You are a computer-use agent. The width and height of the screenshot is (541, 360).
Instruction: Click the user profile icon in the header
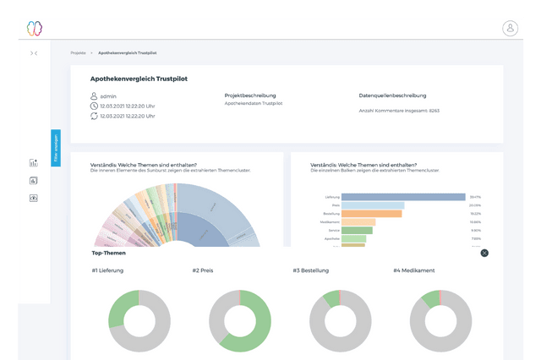pos(510,28)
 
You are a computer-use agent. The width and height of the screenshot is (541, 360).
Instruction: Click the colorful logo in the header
pos(34,28)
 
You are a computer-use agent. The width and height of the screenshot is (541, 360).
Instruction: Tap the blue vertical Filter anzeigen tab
pos(56,149)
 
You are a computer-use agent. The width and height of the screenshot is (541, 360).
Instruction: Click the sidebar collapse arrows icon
pos(34,53)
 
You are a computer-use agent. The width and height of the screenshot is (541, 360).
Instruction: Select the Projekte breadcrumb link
pos(78,52)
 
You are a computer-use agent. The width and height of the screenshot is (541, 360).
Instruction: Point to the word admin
pos(107,95)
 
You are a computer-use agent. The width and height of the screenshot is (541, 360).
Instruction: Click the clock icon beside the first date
pos(93,106)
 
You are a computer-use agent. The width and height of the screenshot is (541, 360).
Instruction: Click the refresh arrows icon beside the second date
pos(93,116)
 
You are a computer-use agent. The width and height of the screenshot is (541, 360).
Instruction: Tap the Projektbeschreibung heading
pos(250,95)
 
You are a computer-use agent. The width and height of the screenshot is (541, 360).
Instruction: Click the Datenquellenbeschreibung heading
pos(392,95)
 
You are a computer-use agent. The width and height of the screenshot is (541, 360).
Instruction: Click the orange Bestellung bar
pos(358,213)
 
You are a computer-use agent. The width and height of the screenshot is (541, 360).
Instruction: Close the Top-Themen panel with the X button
pos(484,253)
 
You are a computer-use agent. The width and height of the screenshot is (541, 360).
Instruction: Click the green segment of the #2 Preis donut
pos(258,321)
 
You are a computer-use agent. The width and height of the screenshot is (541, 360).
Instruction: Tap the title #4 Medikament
pos(414,270)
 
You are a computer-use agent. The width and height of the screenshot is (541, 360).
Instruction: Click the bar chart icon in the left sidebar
pos(34,163)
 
